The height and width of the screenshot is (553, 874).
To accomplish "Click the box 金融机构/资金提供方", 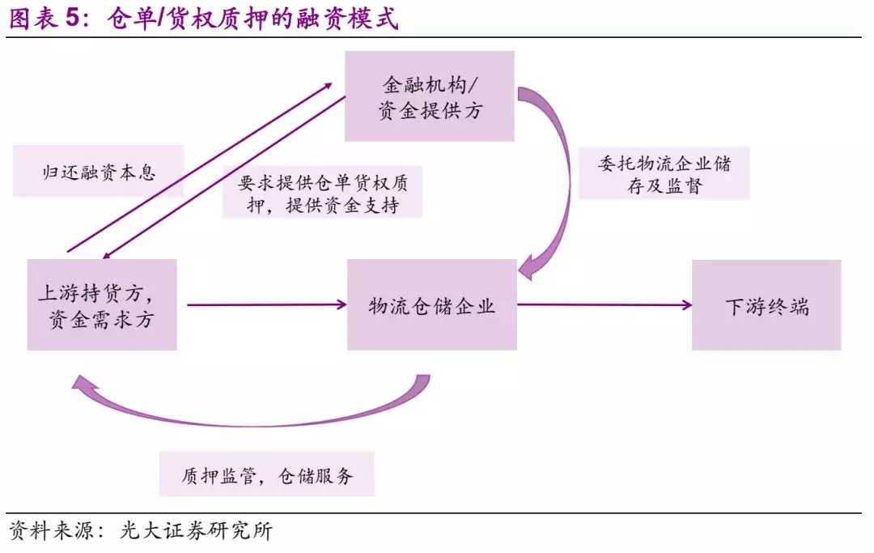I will [430, 96].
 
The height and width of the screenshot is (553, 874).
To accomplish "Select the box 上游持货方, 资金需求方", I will [102, 304].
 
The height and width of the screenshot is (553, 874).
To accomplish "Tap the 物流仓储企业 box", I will [431, 305].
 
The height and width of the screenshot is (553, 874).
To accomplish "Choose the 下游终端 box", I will [766, 305].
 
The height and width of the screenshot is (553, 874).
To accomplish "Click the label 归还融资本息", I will [98, 172].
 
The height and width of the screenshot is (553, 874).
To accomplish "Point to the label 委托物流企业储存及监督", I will [664, 173].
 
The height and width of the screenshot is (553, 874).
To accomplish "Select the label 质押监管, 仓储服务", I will [267, 474].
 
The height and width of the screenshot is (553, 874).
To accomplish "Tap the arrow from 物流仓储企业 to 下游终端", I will [603, 305].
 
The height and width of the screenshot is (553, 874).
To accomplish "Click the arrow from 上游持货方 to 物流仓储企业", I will [263, 305].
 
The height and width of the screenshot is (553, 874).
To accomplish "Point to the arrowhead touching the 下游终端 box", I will [687, 305].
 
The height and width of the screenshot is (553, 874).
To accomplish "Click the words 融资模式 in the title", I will [355, 19].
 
